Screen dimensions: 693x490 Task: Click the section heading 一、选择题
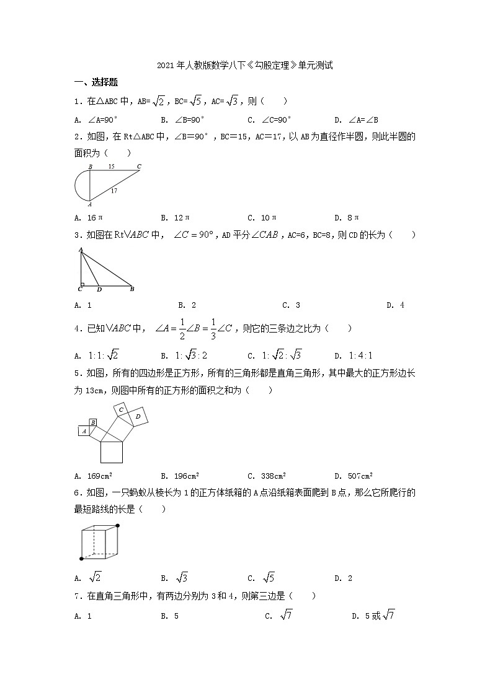pos(96,82)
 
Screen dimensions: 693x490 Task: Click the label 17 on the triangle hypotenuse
pos(114,191)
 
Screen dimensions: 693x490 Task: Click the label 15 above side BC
pos(111,167)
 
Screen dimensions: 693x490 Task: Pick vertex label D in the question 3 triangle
pos(99,289)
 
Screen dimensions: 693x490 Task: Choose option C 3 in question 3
pos(291,305)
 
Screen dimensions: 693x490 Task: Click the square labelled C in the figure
pos(122,410)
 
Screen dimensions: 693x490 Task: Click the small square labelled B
pos(92,423)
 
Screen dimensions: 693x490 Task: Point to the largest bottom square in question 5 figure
pos(112,451)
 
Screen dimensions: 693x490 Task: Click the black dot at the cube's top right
pos(118,526)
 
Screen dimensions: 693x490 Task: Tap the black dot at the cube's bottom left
pos(81,559)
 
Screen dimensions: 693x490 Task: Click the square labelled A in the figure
pos(83,430)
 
